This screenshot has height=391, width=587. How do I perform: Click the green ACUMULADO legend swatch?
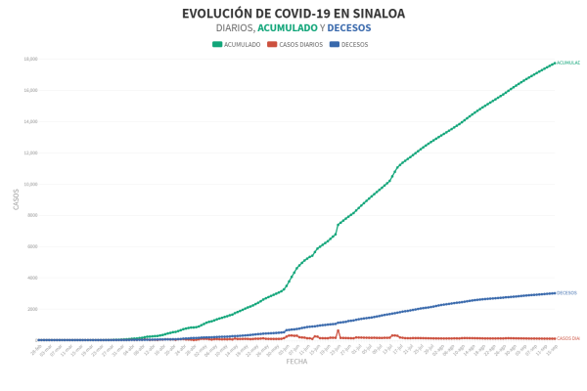coord(217,44)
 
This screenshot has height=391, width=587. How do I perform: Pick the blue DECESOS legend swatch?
coord(335,44)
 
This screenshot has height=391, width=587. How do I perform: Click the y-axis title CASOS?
coord(16,198)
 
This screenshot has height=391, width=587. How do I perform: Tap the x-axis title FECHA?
coord(296,362)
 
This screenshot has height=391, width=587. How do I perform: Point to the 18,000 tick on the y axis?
coord(29,59)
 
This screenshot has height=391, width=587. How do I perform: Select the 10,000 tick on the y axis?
coord(29,184)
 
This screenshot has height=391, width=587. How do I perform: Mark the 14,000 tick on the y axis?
coord(29,121)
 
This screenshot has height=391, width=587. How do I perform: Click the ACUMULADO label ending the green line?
coord(567,63)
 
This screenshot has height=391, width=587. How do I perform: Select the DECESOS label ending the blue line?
coord(566,292)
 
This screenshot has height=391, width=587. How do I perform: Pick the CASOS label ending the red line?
coord(567,338)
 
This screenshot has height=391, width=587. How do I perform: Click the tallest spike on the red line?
coord(339,330)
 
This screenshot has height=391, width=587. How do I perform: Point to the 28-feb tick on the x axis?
coord(37,348)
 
